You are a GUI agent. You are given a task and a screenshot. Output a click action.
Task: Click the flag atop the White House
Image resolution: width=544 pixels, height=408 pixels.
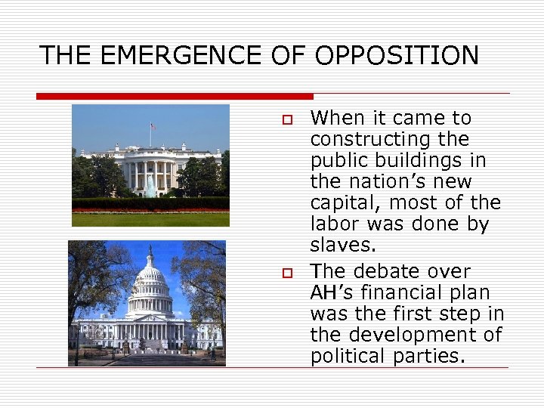[x=153, y=126]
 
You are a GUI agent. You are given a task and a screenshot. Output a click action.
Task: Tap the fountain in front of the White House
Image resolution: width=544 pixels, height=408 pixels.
[x=150, y=185]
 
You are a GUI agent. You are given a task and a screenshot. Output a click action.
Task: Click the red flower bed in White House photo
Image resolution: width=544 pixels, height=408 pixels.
[x=150, y=210]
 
